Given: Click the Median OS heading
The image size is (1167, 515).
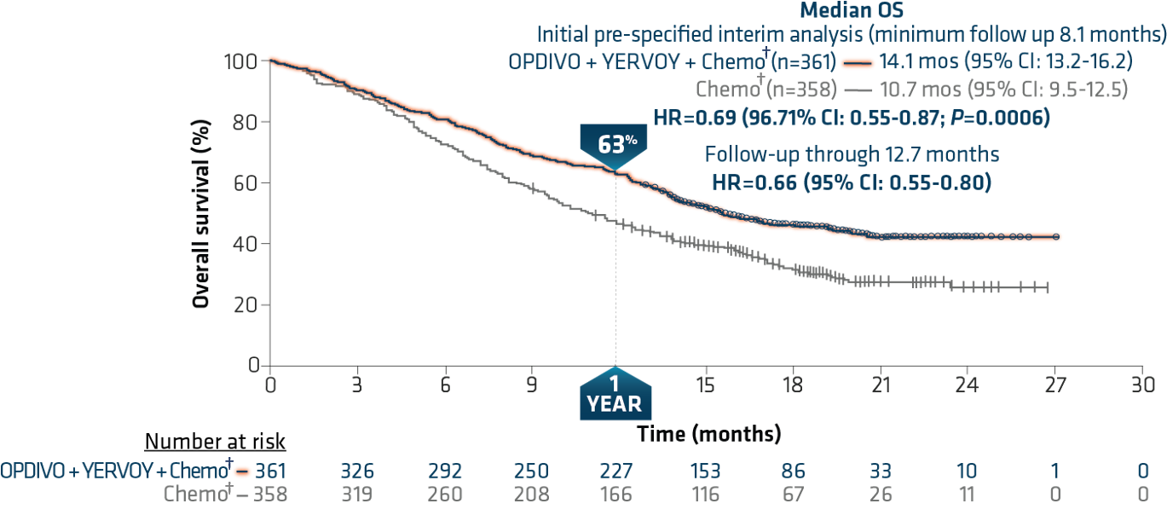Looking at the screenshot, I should click(850, 11).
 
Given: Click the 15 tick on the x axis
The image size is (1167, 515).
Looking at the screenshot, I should click(705, 385).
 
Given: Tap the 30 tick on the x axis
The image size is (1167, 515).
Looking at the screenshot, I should click(1141, 385).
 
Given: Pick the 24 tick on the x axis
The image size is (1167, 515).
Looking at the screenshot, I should click(967, 385).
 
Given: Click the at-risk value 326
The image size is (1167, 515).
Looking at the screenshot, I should click(356, 470).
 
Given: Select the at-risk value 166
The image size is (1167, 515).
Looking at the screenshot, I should click(616, 494).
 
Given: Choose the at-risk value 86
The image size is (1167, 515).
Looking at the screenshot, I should click(793, 470).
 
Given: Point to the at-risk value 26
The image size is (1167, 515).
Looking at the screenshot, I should click(880, 494).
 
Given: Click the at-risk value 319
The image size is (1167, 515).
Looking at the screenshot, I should click(356, 494).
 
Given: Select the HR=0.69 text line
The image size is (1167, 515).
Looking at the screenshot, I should click(850, 117).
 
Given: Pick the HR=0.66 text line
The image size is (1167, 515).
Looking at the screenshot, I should click(850, 181).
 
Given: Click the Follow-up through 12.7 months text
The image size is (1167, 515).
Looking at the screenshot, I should click(852, 154).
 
